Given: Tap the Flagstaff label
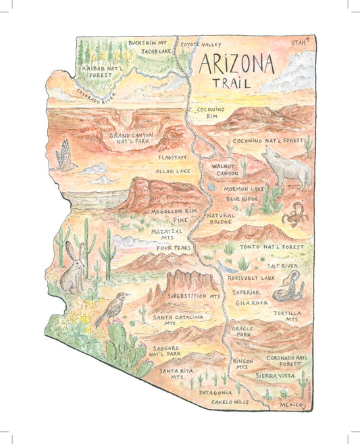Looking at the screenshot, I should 172,157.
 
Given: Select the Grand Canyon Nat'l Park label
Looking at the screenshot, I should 131,139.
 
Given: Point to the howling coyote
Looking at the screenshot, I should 286,168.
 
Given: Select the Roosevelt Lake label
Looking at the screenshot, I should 251,277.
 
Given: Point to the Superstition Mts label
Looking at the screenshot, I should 195,296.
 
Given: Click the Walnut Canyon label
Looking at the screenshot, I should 224,169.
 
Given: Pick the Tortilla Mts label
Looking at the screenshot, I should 286,315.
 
